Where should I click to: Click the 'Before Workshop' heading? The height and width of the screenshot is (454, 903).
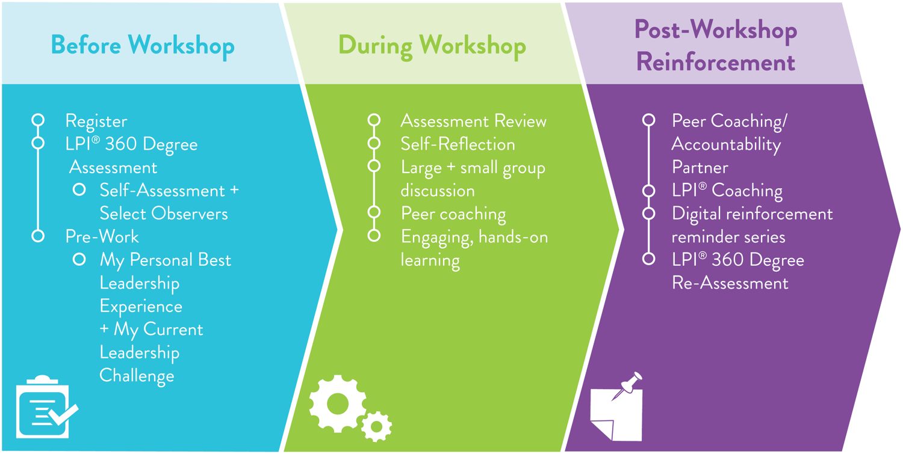[143, 46]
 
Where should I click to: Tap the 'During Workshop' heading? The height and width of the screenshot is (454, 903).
[432, 46]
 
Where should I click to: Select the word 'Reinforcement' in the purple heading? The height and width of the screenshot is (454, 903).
[716, 63]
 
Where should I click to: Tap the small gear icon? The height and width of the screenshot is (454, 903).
[376, 426]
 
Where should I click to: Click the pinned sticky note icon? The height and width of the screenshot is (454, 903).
[617, 407]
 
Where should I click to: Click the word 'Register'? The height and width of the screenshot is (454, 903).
[96, 121]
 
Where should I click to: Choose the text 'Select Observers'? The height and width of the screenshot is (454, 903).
[164, 213]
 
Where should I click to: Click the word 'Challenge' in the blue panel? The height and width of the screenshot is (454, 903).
[137, 376]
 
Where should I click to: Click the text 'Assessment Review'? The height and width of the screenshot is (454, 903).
[473, 121]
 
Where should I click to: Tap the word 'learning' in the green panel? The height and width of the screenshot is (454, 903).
[430, 260]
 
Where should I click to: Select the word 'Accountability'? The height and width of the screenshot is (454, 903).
[726, 145]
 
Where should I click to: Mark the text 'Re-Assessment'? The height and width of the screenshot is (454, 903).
[730, 283]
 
